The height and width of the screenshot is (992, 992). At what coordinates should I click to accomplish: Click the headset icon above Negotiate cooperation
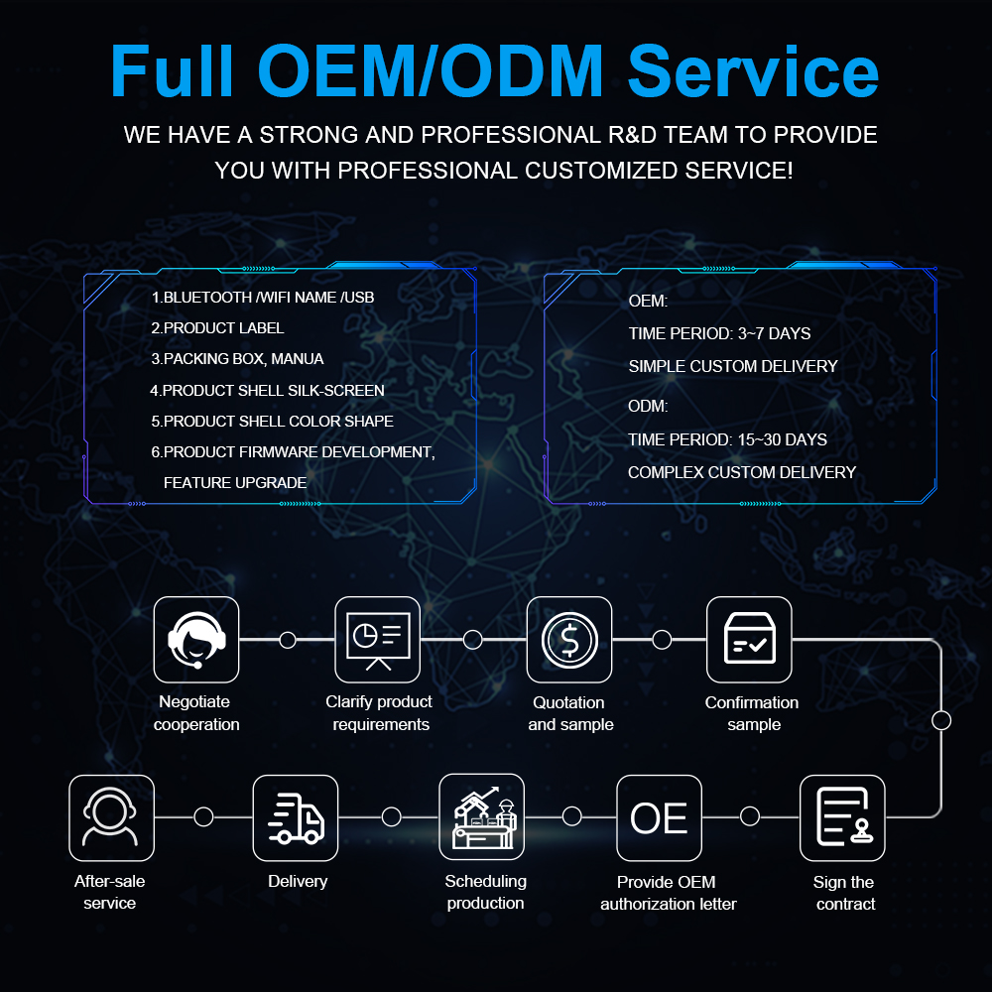coord(196,640)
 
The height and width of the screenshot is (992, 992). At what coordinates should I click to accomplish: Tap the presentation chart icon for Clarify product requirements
coord(378,640)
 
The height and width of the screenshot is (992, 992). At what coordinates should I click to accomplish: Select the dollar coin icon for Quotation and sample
coord(569,640)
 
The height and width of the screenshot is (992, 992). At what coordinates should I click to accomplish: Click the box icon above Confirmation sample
coord(749,640)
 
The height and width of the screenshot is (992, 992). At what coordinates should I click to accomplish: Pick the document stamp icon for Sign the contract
coord(842,818)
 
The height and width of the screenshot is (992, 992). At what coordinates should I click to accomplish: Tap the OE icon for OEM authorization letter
coord(660,818)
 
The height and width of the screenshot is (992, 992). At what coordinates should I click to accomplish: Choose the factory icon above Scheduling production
coord(481,817)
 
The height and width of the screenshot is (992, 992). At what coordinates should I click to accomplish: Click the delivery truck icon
coord(296,818)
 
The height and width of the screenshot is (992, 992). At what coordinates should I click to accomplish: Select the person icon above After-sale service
coord(111,818)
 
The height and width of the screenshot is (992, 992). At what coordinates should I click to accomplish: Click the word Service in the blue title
coord(753,70)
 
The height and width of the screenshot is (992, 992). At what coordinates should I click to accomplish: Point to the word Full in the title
coord(173,70)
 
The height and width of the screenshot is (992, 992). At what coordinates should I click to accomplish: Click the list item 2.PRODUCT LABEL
coord(217,327)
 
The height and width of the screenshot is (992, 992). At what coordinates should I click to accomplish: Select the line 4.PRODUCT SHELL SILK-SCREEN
coord(267,390)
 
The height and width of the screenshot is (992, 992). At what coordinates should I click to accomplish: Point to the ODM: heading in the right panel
coord(648,406)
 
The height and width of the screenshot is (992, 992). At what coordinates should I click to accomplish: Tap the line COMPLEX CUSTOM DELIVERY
coord(741,472)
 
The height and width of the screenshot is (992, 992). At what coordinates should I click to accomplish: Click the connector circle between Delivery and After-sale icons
coord(203,816)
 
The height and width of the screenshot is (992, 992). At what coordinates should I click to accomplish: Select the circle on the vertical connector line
coord(941,720)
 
